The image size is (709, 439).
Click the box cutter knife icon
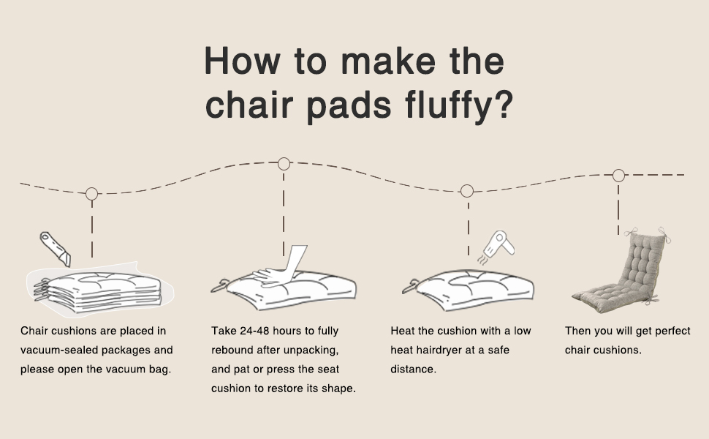point(55,248)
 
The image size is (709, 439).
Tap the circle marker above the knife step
point(91,194)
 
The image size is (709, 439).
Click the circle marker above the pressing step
point(284,164)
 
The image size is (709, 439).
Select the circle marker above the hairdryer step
point(467,191)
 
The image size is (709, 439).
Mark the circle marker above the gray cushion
point(618,176)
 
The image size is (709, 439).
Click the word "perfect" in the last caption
point(672,331)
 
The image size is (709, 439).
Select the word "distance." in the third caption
point(413,369)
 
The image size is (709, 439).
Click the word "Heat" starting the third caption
point(403,331)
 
